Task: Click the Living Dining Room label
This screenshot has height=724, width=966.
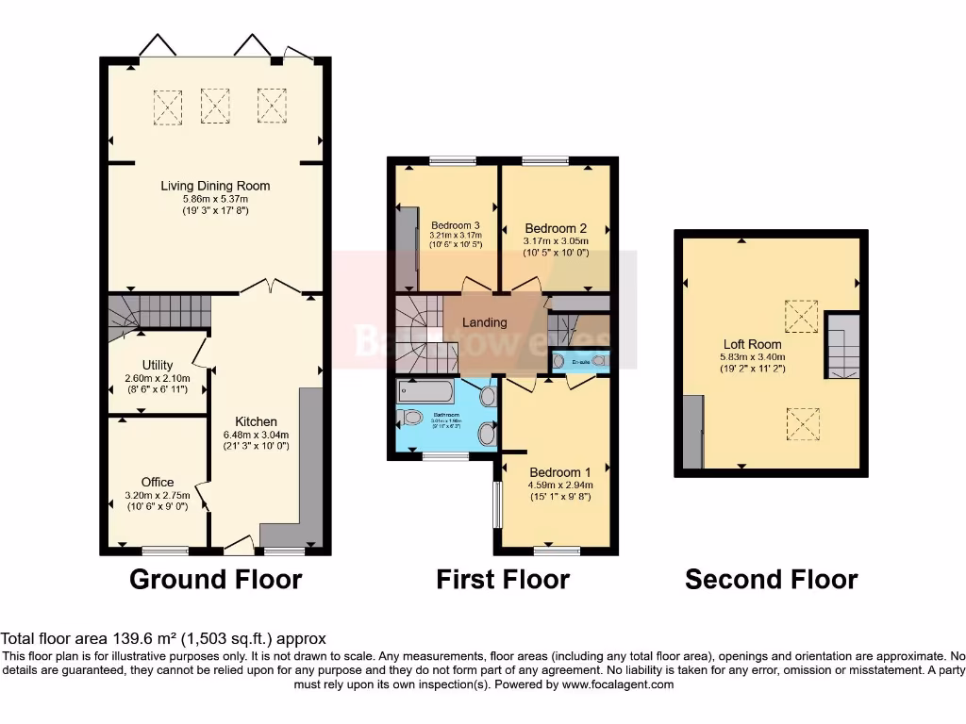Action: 215,186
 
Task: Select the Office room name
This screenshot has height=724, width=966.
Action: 158,482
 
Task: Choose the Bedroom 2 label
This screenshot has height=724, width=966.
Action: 556,228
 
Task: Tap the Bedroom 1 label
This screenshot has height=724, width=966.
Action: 560,472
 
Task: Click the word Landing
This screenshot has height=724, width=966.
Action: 484,322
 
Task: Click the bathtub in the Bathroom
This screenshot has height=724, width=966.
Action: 425,391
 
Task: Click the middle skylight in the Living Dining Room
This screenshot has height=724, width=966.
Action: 215,106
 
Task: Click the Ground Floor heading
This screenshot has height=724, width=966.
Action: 215,579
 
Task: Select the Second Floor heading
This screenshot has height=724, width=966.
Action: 771,579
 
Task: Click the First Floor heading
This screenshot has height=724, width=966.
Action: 502,579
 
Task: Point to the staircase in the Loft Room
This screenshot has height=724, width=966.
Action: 843,346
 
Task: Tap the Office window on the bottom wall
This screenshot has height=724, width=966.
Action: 165,549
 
